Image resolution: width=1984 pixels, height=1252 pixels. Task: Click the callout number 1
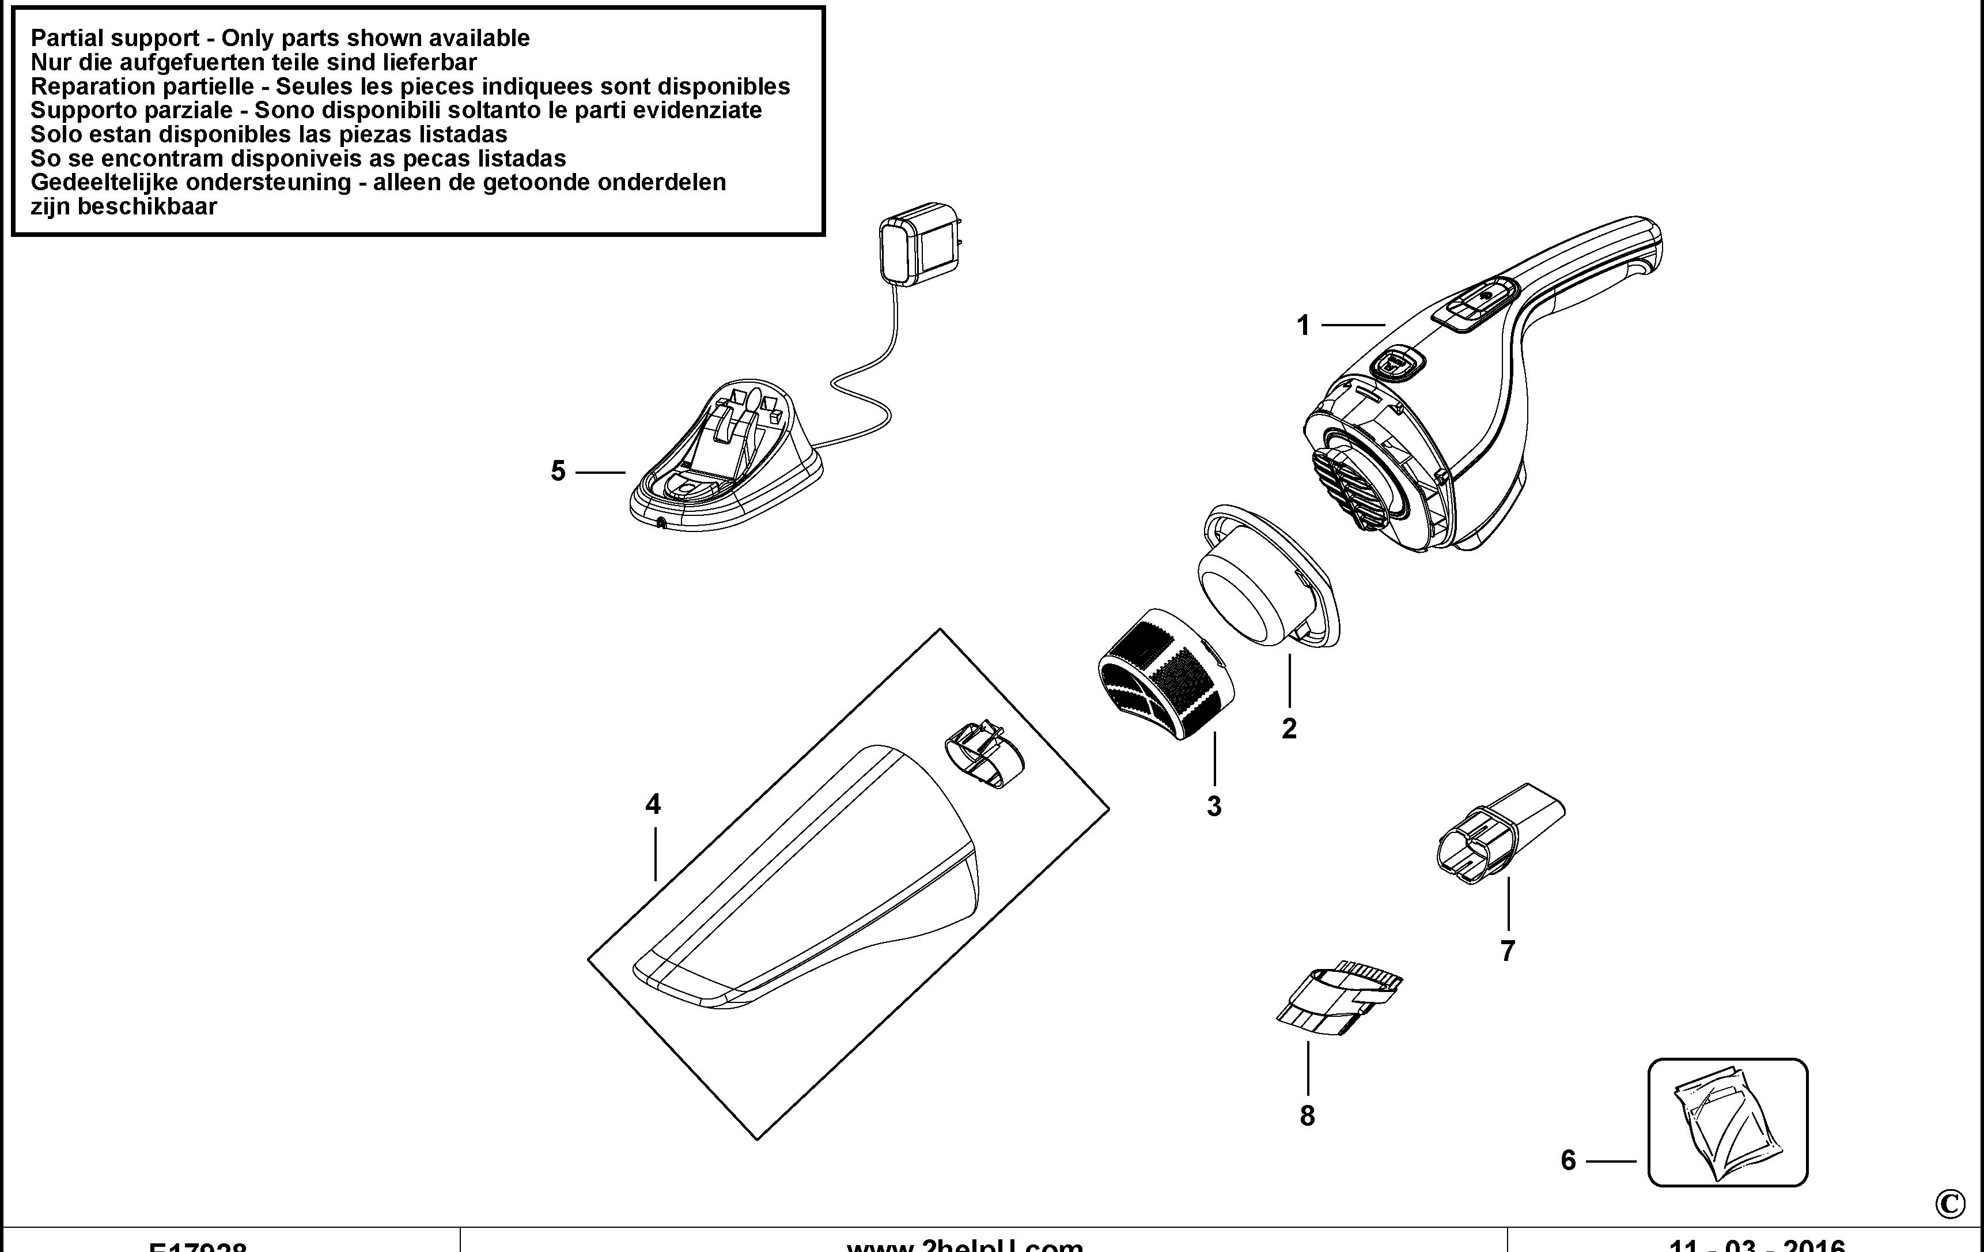point(1303,326)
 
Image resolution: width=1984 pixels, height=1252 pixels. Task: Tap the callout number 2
point(1289,729)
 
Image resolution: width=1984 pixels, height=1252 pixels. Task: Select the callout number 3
point(1214,806)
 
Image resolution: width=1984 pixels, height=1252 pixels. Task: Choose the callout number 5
point(558,472)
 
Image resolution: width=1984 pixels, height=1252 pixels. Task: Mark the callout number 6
point(1568,1160)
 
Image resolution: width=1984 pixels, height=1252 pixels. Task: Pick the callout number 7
point(1508,951)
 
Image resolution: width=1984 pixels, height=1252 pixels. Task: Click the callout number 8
point(1307,1116)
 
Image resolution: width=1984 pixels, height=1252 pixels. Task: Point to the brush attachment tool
point(1339,997)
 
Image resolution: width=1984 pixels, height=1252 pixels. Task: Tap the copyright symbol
point(1949,1205)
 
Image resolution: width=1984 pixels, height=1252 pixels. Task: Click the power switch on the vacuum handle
point(1474,306)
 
